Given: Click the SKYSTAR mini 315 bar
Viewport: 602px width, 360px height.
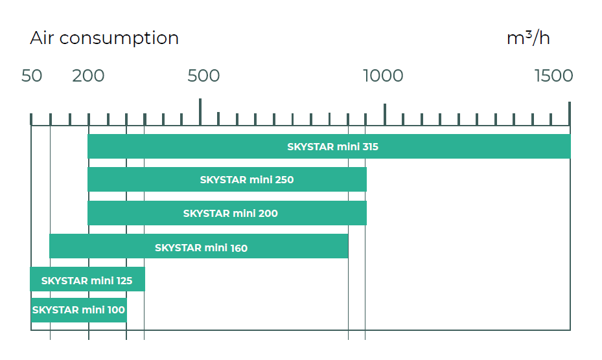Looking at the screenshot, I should (x=329, y=146).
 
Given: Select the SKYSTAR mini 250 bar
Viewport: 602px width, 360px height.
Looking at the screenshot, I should (x=227, y=179).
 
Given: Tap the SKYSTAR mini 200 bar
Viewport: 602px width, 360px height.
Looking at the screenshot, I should (x=227, y=213).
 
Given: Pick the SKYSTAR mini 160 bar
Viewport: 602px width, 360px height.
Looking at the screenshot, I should (x=198, y=247).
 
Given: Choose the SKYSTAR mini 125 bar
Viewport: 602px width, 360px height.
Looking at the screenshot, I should (x=87, y=280).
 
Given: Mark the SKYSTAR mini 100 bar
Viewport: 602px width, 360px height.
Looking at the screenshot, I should (x=78, y=310).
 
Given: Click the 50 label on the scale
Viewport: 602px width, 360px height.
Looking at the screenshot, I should (x=32, y=76).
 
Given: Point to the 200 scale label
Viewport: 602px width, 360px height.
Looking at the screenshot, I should (x=88, y=76).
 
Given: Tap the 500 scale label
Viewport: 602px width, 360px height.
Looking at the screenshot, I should (x=203, y=76).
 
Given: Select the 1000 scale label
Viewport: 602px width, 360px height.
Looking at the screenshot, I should (x=383, y=76).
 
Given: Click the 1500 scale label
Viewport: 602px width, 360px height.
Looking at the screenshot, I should (x=553, y=76).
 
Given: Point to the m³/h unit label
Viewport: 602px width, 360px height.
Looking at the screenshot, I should (x=528, y=38).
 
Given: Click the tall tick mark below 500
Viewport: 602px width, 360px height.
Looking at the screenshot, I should (x=200, y=111).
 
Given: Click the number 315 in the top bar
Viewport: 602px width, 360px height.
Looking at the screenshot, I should (x=371, y=147).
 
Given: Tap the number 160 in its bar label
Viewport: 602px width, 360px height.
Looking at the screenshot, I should (x=238, y=247).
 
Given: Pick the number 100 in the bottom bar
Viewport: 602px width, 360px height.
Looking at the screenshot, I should (x=117, y=310).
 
